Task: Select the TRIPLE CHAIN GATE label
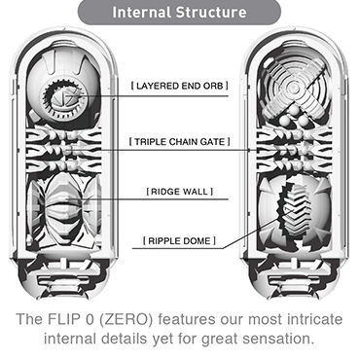179,141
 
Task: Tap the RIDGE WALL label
179,192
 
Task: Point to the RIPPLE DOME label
179,238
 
